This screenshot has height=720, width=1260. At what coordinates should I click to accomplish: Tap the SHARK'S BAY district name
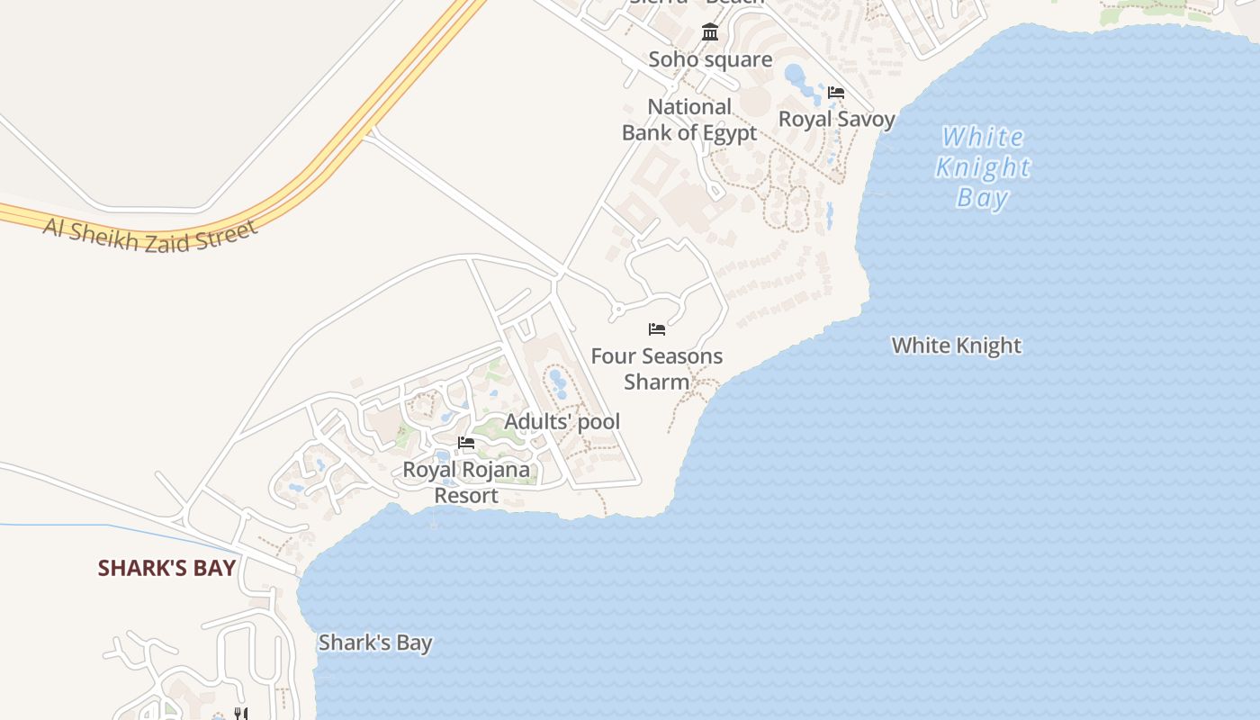pos(166,568)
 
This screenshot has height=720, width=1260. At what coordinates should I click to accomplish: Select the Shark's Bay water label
pos(375,643)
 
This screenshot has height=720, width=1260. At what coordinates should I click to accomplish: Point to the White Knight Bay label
pos(983,167)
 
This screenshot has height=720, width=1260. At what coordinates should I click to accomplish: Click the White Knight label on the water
pos(956,346)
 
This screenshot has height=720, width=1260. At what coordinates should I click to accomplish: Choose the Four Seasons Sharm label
pos(657,368)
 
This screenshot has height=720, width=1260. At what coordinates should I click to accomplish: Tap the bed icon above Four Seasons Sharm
pos(657,329)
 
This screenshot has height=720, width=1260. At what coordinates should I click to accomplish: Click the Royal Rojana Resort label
pos(466,482)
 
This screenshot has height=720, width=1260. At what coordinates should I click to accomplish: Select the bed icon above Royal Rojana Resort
pos(466,443)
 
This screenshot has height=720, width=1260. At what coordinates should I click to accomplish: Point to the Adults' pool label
pos(562,421)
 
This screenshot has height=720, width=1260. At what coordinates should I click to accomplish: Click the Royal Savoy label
pos(837,119)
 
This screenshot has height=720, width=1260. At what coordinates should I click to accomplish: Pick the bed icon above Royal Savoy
pos(836,93)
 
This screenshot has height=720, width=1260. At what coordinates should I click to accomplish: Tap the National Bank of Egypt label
pos(689,120)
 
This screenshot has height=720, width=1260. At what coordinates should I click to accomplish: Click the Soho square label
pos(710,59)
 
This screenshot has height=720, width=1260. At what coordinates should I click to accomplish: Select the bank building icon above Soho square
pos(710,32)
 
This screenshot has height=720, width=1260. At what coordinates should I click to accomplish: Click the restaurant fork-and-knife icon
pos(240,714)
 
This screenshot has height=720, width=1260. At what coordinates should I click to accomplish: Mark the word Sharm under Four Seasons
pos(657,382)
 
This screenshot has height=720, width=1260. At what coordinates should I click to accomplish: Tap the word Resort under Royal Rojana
pos(466,496)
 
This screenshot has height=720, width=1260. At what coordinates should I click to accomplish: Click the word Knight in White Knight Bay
pos(983,167)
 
